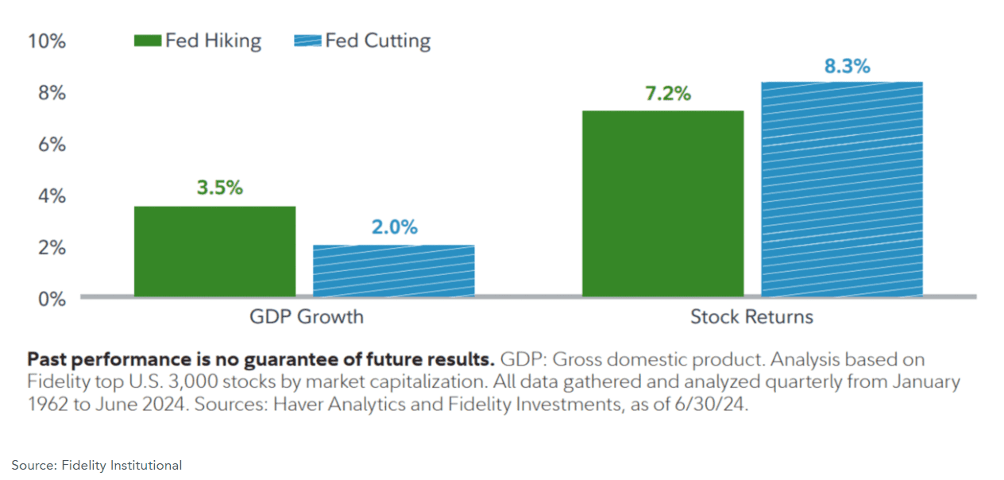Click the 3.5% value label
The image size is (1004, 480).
pos(220,188)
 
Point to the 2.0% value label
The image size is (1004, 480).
pos(394,227)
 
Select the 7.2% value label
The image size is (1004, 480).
pos(667,94)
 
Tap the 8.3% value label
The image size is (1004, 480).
pos(847,67)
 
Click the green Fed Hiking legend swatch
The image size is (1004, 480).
pos(148,41)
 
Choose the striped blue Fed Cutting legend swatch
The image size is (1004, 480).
pos(307,41)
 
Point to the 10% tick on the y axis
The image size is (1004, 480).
pos(47,41)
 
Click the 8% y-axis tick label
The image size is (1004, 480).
pos(51,93)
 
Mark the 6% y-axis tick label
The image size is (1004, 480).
pos(51,145)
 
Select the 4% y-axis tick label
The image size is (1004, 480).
pos(51,195)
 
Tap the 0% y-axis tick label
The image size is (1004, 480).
pos(51,299)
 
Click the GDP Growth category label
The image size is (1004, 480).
pos(306,317)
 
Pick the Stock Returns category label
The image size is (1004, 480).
pos(751,317)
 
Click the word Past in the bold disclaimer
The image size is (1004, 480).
pos(45,359)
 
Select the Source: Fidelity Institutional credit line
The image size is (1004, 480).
pos(96,465)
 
